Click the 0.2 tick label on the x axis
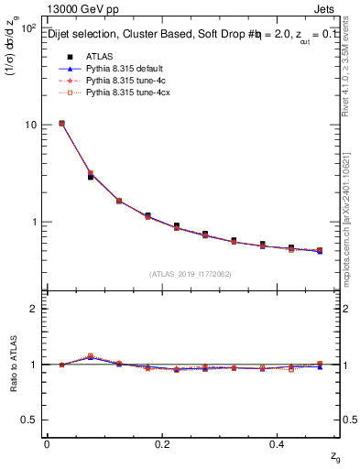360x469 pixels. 163,445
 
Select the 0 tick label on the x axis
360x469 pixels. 47,445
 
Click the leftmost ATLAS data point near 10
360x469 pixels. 60,124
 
